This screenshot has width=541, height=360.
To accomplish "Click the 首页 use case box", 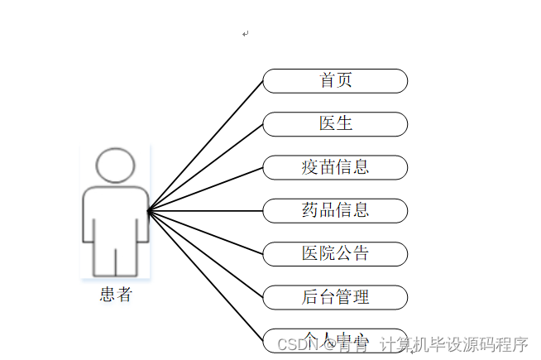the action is tap(335, 81).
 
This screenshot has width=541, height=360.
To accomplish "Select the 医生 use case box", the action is tap(335, 124).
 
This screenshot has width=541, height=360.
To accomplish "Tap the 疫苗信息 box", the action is tap(335, 167).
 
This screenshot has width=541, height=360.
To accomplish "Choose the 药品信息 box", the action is tap(335, 210).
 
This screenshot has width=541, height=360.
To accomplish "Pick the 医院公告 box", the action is tap(335, 254).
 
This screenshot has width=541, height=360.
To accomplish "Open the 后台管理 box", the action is tap(335, 297).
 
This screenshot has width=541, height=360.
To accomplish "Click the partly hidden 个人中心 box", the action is tap(335, 338).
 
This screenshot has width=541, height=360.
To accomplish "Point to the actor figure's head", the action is tap(115, 165).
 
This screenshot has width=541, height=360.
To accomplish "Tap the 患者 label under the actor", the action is tap(115, 295).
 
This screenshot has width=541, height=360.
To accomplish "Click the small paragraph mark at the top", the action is tap(246, 34).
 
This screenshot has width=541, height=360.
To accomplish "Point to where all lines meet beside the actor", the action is tap(148, 211).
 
